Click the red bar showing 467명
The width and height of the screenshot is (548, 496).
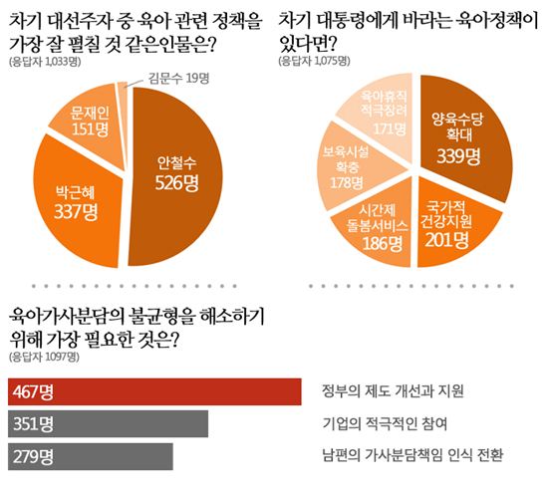pos(154,391)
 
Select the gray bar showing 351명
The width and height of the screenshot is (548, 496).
pos(108,423)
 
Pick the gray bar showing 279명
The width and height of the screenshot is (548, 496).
pos(90,456)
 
